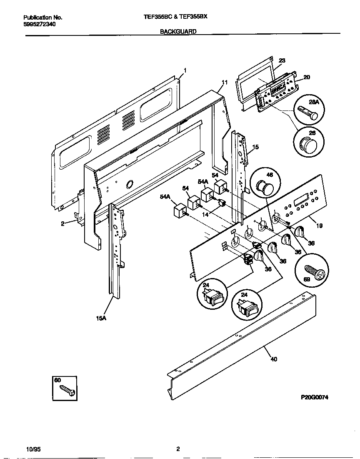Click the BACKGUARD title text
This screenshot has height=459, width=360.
[x=178, y=31]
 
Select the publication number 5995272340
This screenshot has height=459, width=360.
[x=40, y=24]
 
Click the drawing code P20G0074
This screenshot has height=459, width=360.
[x=315, y=397]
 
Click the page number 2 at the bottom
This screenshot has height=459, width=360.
[x=178, y=449]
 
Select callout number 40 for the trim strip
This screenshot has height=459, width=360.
[x=273, y=359]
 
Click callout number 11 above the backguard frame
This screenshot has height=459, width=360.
[x=225, y=82]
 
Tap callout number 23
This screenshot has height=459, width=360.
[x=282, y=60]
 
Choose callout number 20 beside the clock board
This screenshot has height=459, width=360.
[x=307, y=77]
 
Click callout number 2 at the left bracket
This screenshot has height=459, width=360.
[x=62, y=223]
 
